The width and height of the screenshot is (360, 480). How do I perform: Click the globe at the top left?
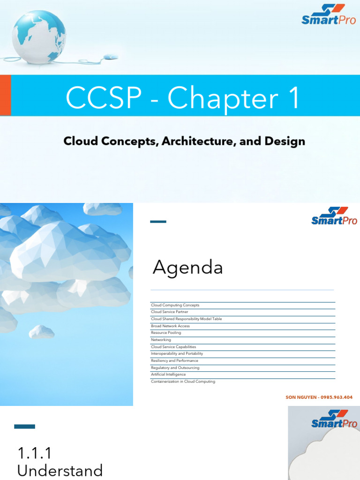(38, 36)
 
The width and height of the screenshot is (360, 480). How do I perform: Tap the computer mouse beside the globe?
(110, 57)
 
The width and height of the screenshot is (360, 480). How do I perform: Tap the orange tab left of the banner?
(5, 95)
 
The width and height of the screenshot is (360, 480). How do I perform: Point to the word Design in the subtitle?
(285, 141)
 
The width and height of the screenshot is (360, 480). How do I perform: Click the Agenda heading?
(187, 268)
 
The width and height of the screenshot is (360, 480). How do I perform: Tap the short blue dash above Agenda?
(158, 222)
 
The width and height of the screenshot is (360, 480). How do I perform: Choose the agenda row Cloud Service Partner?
(170, 312)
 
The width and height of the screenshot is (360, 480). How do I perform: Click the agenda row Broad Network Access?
(170, 326)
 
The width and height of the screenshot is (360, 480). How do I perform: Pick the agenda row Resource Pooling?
(166, 333)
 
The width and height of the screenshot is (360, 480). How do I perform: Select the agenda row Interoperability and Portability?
(177, 353)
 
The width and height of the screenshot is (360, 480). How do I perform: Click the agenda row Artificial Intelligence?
(168, 375)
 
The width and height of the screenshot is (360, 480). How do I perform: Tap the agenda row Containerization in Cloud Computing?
(183, 382)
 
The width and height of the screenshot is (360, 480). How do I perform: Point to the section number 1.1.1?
(35, 453)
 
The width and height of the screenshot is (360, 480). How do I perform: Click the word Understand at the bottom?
(60, 470)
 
